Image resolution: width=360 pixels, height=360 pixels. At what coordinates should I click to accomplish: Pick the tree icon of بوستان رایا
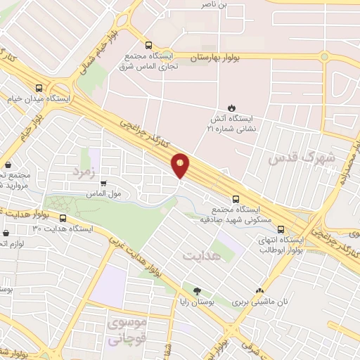point(198,290)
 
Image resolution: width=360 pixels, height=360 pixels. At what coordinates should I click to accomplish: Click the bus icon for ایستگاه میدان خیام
point(39,89)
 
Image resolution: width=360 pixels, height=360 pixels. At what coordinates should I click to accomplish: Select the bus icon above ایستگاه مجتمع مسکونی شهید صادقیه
point(236,198)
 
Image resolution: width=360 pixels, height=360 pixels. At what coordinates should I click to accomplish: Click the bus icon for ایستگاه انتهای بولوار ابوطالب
point(281,229)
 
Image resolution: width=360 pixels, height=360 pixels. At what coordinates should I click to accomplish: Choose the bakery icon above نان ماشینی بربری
point(260,290)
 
